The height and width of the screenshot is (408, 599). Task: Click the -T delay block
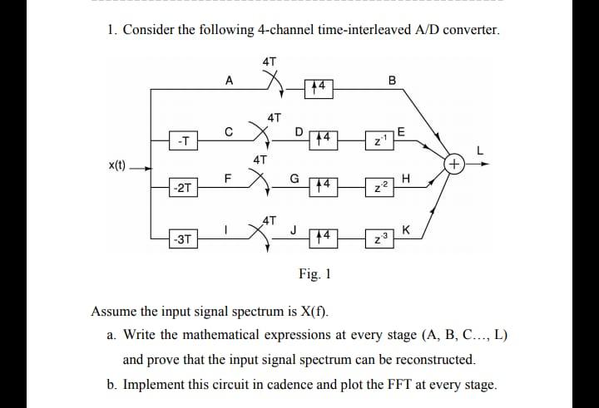(181, 140)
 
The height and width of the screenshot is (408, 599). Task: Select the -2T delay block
(181, 188)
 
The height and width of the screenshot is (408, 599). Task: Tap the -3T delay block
(181, 240)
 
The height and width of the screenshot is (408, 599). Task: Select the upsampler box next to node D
(325, 136)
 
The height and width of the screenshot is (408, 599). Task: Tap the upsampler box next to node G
(325, 184)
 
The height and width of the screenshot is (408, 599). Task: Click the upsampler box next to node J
(325, 236)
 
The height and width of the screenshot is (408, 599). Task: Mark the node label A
(229, 81)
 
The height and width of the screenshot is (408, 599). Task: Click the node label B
(393, 81)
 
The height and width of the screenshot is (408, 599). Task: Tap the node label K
(405, 229)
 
